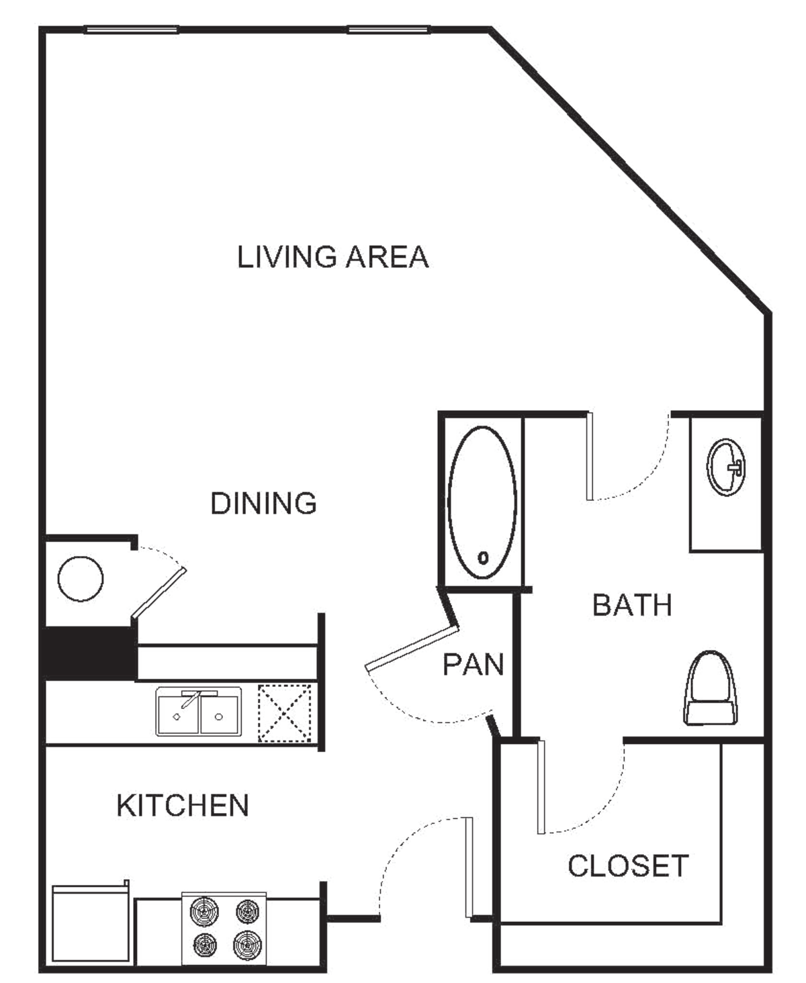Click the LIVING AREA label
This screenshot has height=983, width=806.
click(331, 257)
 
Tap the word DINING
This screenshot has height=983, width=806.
click(264, 503)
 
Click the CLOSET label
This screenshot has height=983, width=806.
click(627, 865)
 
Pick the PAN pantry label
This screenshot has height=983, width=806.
click(473, 663)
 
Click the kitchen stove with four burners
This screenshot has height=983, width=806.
click(226, 927)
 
